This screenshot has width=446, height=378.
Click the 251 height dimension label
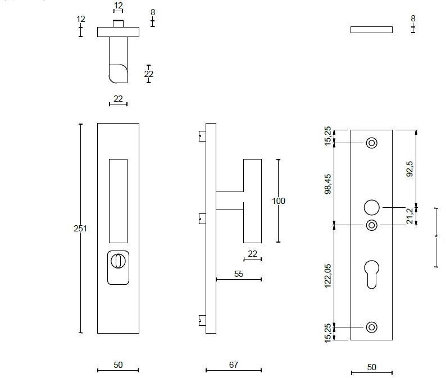pyautogui.click(x=80, y=229)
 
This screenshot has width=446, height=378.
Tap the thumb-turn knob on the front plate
pyautogui.click(x=118, y=261)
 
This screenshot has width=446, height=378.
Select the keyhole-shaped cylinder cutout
pyautogui.click(x=371, y=275)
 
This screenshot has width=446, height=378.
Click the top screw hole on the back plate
pyautogui.click(x=371, y=143)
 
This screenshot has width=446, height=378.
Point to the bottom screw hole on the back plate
pyautogui.click(x=371, y=327)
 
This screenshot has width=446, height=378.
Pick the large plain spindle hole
pyautogui.click(x=371, y=207)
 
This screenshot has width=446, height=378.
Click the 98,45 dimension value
pyautogui.click(x=327, y=184)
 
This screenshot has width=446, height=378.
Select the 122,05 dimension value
pyautogui.click(x=327, y=276)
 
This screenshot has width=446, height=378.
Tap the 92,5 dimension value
pyautogui.click(x=409, y=169)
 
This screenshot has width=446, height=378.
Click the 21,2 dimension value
pyautogui.click(x=409, y=216)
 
